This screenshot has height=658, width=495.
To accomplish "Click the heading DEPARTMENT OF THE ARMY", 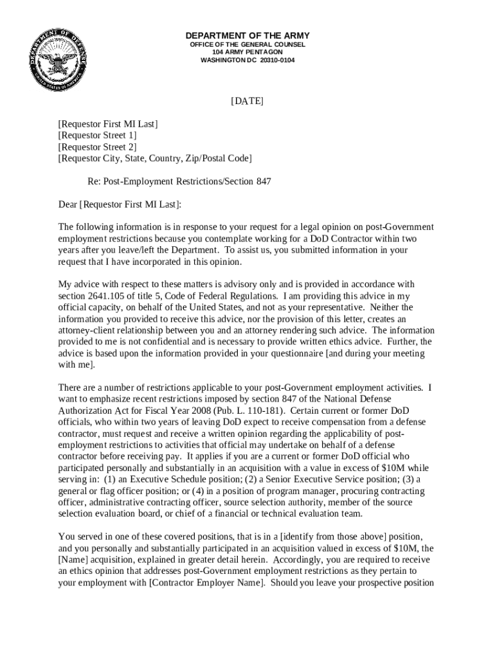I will click(248, 35).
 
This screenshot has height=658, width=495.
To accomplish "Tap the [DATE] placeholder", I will click(248, 102).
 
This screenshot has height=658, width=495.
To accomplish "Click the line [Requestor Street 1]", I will click(97, 135).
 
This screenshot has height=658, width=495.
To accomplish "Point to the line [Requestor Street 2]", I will click(97, 147).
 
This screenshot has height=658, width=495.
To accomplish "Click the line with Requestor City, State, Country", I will click(155, 158).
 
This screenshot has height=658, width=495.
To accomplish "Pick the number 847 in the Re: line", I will click(264, 181).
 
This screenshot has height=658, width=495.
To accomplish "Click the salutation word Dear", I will click(67, 204).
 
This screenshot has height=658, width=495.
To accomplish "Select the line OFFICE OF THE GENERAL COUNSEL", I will click(248, 44).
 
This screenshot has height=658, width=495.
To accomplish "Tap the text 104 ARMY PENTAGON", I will click(248, 52).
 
